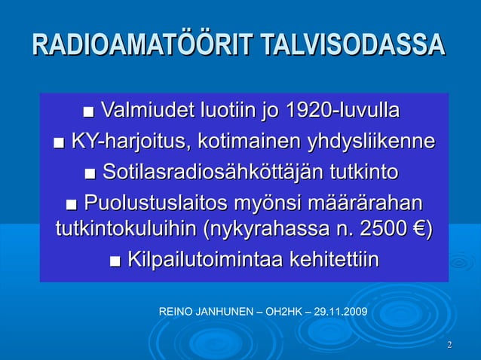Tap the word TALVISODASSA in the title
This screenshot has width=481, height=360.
click(353, 45)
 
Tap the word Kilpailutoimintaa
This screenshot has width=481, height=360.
click(203, 260)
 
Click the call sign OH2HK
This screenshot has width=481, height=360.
click(281, 310)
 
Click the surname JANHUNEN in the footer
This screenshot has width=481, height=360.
click(223, 310)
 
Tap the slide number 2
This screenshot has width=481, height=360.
click(449, 346)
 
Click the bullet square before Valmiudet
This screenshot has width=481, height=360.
click(90, 115)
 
